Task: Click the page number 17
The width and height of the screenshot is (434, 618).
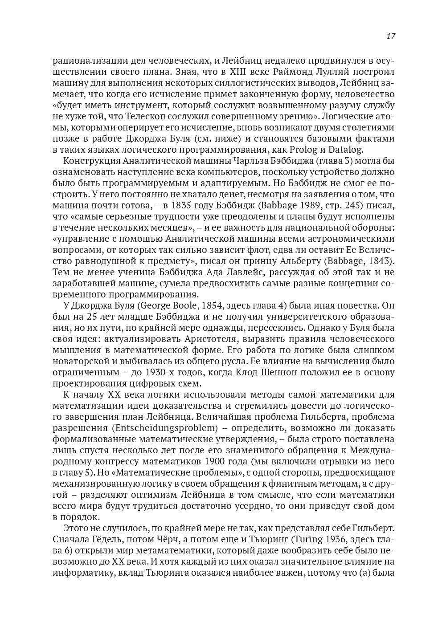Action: pos(390,37)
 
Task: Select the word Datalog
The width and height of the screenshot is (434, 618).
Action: pos(347,150)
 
